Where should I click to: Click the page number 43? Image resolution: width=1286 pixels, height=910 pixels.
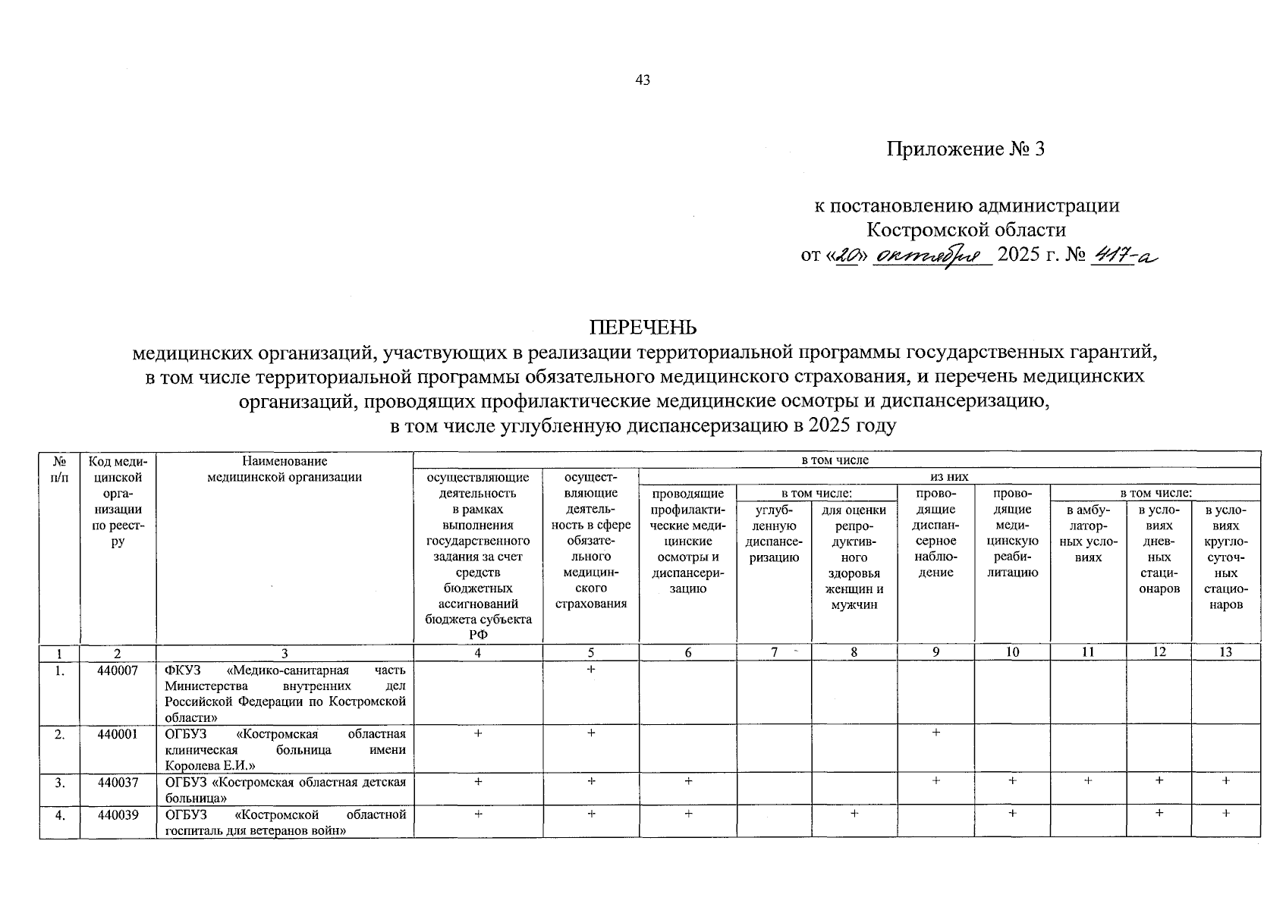tap(643, 80)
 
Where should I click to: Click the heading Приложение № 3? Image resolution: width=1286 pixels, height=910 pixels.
tap(966, 149)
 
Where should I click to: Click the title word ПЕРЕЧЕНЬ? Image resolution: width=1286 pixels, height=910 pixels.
tap(643, 328)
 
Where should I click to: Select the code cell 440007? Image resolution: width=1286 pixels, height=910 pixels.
tap(118, 670)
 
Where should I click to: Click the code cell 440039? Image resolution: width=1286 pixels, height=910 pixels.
tap(118, 814)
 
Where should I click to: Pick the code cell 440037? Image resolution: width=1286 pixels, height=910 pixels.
tap(118, 782)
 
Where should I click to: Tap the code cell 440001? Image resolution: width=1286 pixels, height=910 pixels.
tap(118, 734)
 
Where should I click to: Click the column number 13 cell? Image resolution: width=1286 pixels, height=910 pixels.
tap(1225, 652)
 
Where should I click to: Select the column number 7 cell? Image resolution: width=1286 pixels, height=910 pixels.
tap(773, 652)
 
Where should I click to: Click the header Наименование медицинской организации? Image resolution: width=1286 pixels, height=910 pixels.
tap(285, 469)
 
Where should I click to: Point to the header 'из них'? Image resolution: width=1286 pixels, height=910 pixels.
tap(949, 476)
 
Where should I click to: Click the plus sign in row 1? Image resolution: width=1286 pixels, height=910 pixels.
tap(591, 670)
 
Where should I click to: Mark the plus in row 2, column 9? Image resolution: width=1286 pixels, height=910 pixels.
tap(935, 733)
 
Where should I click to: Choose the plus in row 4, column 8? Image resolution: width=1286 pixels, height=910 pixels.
tap(854, 813)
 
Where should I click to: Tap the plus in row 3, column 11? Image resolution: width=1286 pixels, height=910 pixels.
tap(1088, 780)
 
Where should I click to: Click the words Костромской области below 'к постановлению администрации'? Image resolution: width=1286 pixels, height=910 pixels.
tap(966, 229)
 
